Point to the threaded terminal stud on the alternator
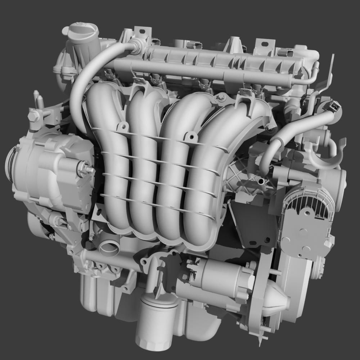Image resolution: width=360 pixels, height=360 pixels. click(86, 168)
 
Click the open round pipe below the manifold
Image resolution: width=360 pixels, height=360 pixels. click(110, 247)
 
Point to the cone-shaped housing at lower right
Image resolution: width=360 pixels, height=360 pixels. click(275, 301)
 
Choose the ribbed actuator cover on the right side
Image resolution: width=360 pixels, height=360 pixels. click(308, 223)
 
